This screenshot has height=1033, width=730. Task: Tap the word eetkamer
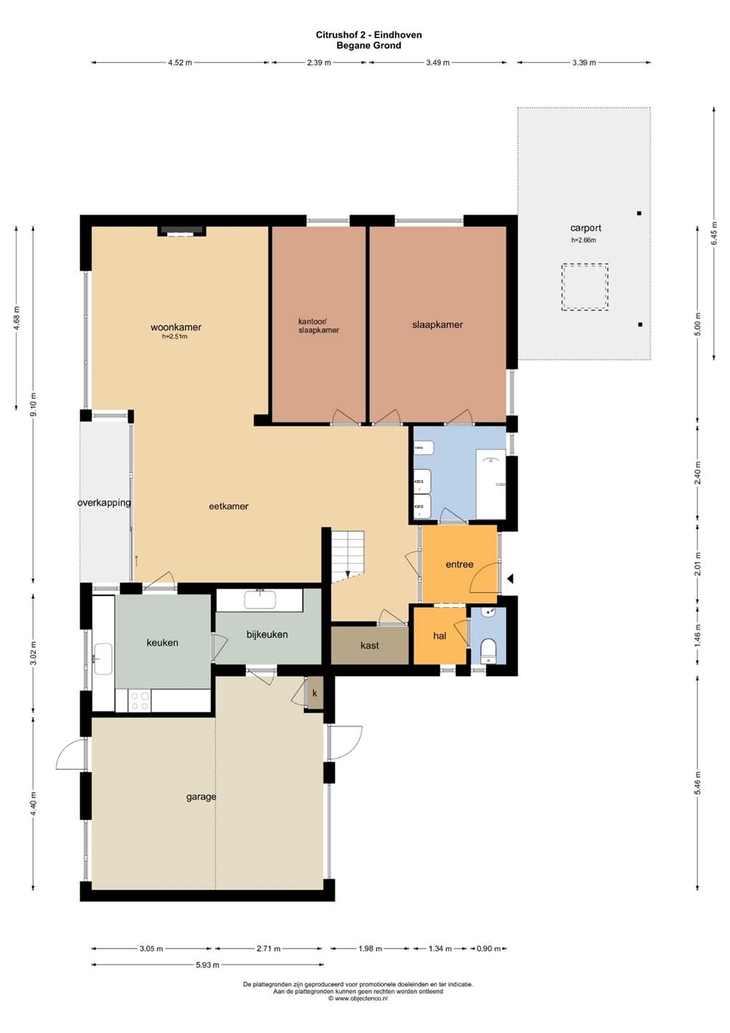click(229, 506)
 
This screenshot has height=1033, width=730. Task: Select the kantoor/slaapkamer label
click(318, 326)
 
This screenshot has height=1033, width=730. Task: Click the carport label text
click(585, 228)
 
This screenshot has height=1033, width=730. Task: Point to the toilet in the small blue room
click(487, 650)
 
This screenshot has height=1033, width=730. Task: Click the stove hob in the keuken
click(140, 701)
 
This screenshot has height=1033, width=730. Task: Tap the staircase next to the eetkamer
click(348, 555)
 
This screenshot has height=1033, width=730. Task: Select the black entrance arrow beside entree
click(510, 578)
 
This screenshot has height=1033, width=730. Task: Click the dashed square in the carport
click(584, 287)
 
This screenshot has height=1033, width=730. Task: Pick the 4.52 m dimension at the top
click(180, 62)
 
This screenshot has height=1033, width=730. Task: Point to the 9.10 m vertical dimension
click(33, 405)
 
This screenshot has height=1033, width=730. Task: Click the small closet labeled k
click(315, 693)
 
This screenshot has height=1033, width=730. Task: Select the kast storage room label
click(369, 645)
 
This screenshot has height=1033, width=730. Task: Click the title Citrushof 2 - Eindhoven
click(369, 34)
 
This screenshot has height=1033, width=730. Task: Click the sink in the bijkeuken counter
click(260, 600)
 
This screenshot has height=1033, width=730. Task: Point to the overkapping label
click(104, 503)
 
